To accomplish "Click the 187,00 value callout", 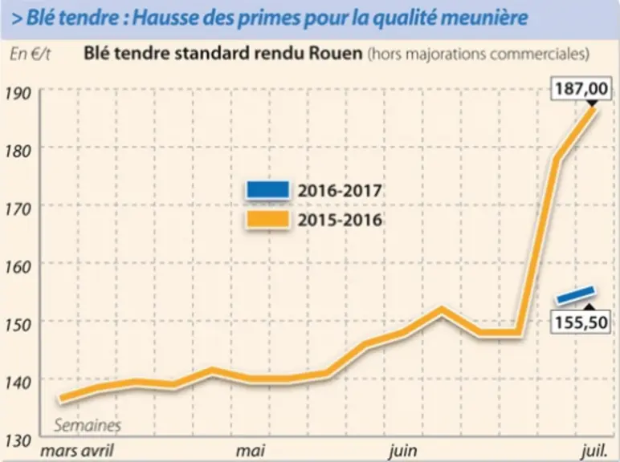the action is click(581, 88).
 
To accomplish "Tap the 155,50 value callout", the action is click(581, 322).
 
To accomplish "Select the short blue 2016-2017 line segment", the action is click(576, 295).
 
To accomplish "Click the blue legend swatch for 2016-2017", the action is click(267, 190).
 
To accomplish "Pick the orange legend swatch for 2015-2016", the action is click(267, 219).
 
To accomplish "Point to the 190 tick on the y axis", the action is click(18, 93).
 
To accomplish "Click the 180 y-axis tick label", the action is click(18, 151).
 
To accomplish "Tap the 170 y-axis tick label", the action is click(18, 209).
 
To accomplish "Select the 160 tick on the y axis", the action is click(18, 267).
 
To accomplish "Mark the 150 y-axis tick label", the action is click(18, 325).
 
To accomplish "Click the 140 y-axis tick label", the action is click(18, 383).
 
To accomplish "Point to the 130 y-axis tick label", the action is click(18, 440).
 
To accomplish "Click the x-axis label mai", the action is click(251, 451).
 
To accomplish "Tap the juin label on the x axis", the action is click(403, 451).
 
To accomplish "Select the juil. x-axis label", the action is click(594, 451).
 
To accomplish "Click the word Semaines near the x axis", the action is click(88, 425).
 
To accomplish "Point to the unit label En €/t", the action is click(30, 54).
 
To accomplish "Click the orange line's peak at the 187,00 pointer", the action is click(592, 109).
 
